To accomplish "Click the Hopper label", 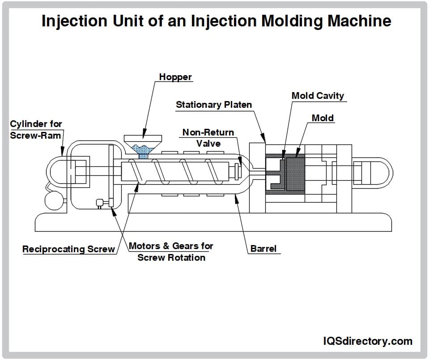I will pyautogui.click(x=175, y=77).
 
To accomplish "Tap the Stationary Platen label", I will pyautogui.click(x=214, y=105).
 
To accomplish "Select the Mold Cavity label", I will pyautogui.click(x=318, y=96).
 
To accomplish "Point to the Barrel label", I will pyautogui.click(x=263, y=249).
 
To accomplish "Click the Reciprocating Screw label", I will pyautogui.click(x=69, y=249).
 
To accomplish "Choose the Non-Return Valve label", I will pyautogui.click(x=208, y=138).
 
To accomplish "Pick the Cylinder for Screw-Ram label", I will pyautogui.click(x=36, y=129).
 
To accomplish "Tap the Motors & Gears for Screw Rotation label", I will pyautogui.click(x=171, y=252).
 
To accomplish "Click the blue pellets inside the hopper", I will pyautogui.click(x=143, y=151).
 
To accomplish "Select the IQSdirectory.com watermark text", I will pyautogui.click(x=367, y=341).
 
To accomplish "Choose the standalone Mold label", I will pyautogui.click(x=323, y=118).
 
